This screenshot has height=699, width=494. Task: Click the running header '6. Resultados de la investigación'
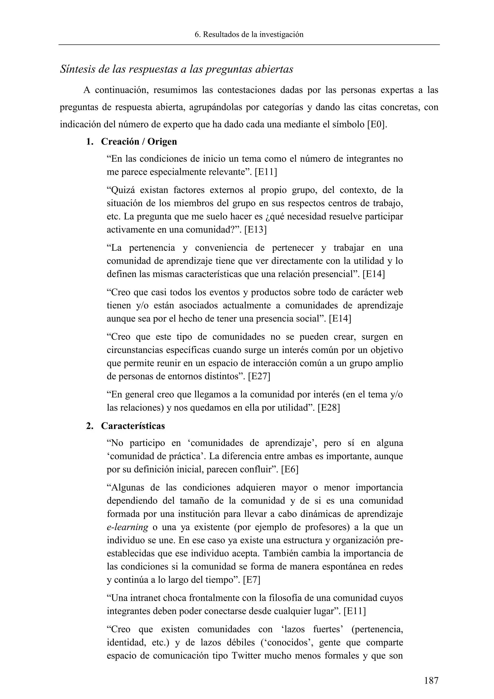[x=249, y=35]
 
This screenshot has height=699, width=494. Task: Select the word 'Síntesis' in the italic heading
[x=78, y=70]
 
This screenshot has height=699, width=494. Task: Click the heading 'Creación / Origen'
[x=139, y=142]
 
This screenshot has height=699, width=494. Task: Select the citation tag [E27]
[x=259, y=377]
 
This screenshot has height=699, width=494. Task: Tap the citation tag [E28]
[x=329, y=408]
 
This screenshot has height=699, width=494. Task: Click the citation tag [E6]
[x=290, y=469]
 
